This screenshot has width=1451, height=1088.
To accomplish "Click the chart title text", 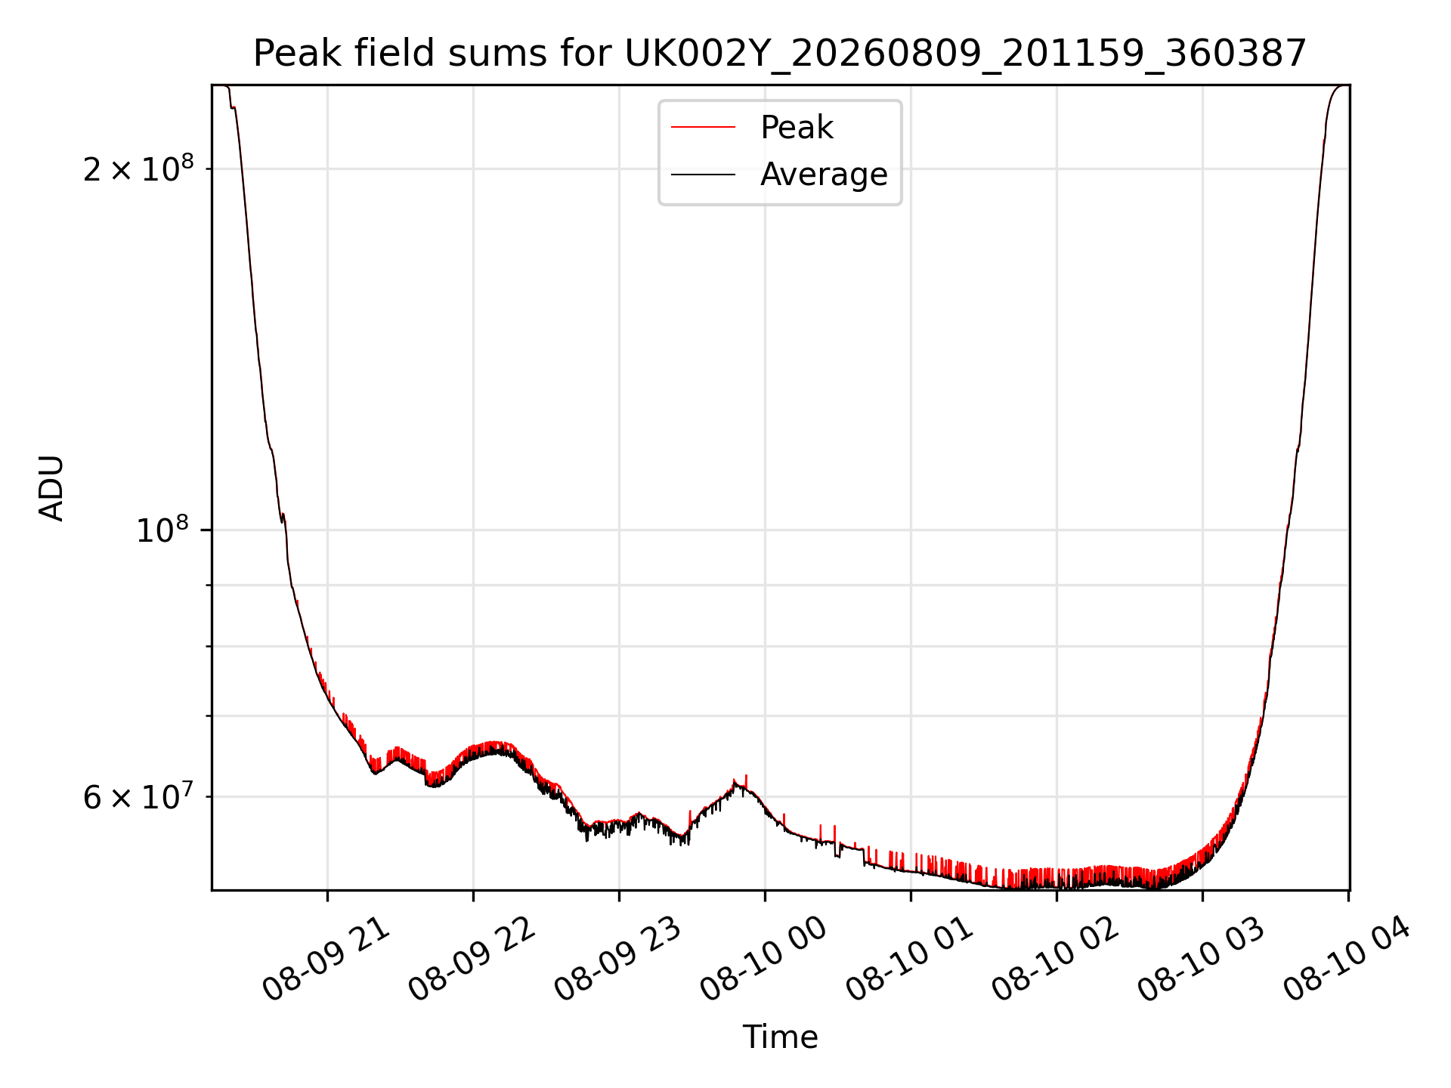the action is point(780,54).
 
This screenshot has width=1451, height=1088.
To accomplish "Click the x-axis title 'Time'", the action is point(780,1037).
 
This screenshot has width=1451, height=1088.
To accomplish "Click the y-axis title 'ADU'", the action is point(52,488).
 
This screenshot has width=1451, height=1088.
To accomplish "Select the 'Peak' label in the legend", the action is point(797,128).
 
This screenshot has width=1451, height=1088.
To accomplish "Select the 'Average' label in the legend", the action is point(824,175).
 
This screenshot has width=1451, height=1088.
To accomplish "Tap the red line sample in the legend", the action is point(703,128).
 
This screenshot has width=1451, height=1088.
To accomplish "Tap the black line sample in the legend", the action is point(703,175).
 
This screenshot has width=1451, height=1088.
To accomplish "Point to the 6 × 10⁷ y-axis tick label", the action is point(138,796).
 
